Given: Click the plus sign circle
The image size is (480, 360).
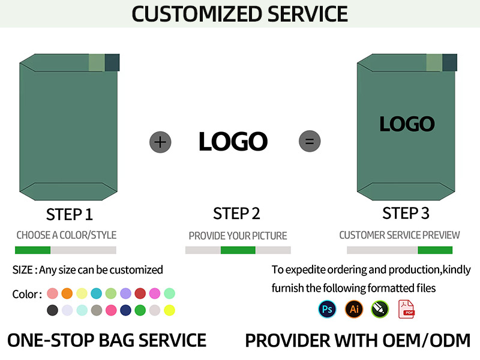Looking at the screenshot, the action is [x=160, y=142].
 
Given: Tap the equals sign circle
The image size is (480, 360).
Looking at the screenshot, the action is [x=310, y=141].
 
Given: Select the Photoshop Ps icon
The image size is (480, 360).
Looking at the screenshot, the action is [x=327, y=309].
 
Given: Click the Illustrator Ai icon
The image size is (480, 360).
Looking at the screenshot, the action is [x=354, y=309].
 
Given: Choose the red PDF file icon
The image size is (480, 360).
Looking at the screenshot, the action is [x=406, y=309].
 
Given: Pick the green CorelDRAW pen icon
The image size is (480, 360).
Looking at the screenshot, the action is [x=380, y=309].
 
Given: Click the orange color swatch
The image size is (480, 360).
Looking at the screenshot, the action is [x=67, y=293].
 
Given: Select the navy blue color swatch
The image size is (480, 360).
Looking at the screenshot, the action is [x=125, y=310].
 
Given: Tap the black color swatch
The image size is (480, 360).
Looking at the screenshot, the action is [x=52, y=310].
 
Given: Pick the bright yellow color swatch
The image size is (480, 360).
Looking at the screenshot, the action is [x=169, y=310].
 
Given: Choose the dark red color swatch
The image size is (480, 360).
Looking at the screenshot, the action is [x=140, y=293].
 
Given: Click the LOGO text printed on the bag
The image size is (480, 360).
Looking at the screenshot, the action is [x=407, y=124].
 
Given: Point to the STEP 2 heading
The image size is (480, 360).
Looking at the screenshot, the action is [x=236, y=214].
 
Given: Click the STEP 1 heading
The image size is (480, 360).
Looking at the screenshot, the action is [x=69, y=214].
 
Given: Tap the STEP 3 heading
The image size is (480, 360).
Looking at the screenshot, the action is [x=406, y=213].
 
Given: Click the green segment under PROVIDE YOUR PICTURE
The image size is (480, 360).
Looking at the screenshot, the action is [x=238, y=250].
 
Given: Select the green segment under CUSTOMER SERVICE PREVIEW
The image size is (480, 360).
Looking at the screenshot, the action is [x=434, y=250].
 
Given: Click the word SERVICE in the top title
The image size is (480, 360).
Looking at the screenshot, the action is [x=307, y=14].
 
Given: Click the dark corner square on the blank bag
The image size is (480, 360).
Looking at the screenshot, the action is [x=112, y=62].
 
